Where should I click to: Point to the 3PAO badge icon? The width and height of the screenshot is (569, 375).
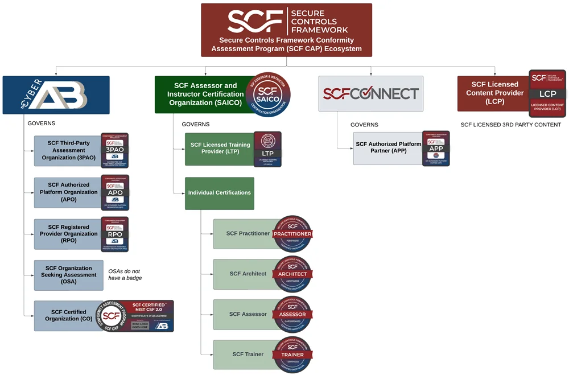[x=115, y=150]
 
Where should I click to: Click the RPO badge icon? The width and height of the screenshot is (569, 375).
[x=115, y=234]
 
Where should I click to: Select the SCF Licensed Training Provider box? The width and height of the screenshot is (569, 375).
[x=219, y=149]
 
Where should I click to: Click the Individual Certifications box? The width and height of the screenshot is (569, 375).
[x=219, y=193]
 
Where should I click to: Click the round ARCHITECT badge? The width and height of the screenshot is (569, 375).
[x=292, y=274]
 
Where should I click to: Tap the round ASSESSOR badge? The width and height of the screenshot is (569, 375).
[x=292, y=314]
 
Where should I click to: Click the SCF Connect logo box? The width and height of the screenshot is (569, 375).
[x=371, y=94]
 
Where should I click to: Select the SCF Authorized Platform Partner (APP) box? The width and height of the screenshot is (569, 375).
[x=388, y=148]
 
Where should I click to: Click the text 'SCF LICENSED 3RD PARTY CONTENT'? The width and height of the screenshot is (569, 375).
[x=510, y=125]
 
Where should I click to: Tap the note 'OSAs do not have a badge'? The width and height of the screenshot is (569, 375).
[x=125, y=274]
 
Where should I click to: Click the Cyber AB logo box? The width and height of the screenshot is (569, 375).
[x=56, y=94]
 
